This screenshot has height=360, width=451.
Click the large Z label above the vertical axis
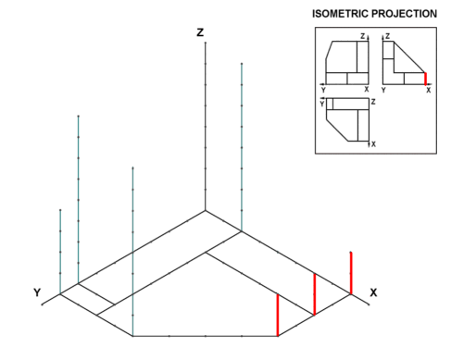tap(200, 32)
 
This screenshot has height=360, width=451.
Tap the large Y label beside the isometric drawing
tap(37, 292)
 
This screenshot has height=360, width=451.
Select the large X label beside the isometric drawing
tap(373, 292)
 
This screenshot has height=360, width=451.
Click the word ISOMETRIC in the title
tap(340, 14)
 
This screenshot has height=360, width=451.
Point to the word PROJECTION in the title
tap(404, 14)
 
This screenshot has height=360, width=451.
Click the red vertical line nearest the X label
tap(351, 273)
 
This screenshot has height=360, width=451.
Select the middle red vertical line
tap(315, 294)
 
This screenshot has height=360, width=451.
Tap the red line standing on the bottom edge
tap(278, 315)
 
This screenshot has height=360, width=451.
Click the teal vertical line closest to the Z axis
tap(242, 147)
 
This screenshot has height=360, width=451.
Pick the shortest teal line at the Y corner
tap(60, 252)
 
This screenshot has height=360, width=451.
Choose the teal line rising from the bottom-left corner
tap(132, 252)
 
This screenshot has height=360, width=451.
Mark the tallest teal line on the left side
tap(79, 199)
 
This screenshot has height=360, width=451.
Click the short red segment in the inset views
tap(425, 79)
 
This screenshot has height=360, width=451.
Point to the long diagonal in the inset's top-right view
tap(409, 57)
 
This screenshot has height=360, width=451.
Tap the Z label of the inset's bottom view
tap(373, 102)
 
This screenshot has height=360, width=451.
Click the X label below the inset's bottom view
tap(373, 144)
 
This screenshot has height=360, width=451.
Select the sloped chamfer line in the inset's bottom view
tap(337, 130)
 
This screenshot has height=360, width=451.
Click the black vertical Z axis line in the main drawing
tap(206, 127)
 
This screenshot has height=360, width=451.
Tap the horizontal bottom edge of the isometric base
tap(206, 336)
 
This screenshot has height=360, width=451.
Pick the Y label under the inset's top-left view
tap(323, 90)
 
